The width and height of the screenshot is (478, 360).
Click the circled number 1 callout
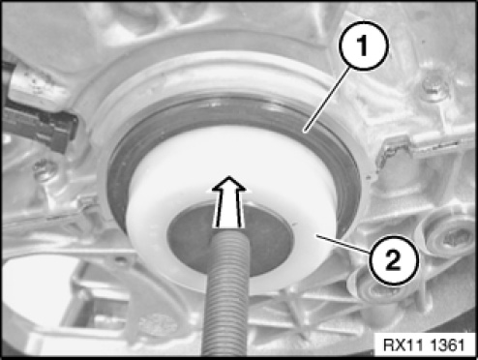tap(364, 45)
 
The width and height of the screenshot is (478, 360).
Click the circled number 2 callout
tap(393, 260)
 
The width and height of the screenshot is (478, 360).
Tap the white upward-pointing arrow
tap(228, 202)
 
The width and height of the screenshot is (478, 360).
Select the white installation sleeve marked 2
tap(230, 210)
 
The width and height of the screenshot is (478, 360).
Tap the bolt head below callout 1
tap(434, 85)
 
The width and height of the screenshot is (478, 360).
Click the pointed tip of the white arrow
tap(228, 176)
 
